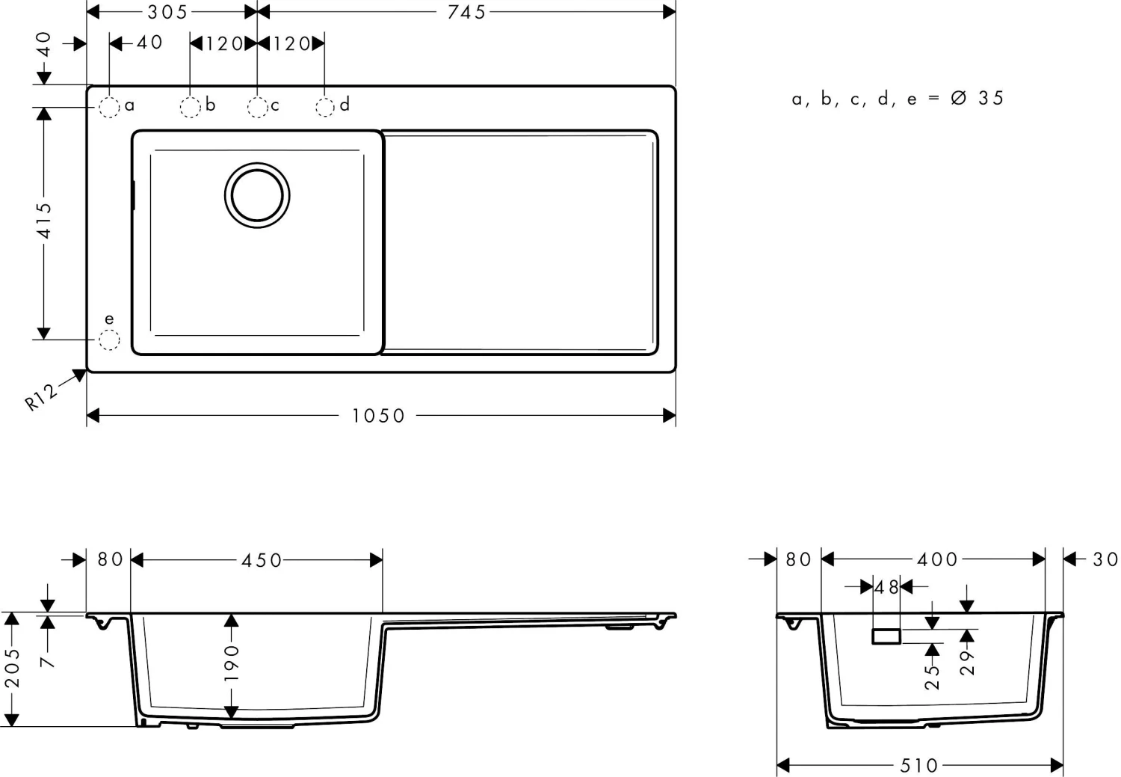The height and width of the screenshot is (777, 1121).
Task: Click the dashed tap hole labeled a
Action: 109,108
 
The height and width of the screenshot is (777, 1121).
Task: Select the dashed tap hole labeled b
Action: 190,108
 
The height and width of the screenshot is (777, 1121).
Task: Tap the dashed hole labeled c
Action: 257,108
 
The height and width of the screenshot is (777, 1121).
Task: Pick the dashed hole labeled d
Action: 324,108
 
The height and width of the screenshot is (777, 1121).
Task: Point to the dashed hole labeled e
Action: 109,340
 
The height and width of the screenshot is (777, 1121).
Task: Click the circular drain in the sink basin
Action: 257,195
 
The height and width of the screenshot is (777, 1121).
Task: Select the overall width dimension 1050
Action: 378,416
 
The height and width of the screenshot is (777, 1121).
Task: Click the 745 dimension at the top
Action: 466,12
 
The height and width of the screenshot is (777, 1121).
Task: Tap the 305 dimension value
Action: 167,12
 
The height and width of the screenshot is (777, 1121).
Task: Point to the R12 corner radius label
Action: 40,396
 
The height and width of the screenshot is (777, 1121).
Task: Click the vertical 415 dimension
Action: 45,221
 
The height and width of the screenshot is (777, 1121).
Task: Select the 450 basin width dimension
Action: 262,560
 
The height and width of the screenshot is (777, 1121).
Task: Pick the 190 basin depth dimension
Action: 232,662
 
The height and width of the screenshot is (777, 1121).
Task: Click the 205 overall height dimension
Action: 13,668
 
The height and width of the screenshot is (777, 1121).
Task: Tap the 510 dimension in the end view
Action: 918,765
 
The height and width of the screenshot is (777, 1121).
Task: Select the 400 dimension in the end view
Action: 937,559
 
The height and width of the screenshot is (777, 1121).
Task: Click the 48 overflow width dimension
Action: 887,588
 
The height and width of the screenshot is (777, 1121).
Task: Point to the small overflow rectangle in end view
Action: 886,636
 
